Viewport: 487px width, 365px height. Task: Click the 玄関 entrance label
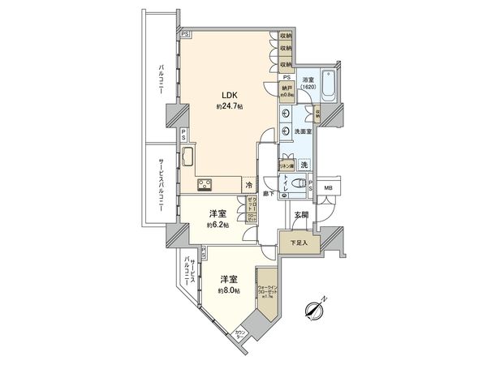point(301,214)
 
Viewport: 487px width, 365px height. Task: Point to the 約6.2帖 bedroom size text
point(218,225)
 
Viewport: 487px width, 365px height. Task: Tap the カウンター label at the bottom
point(240,334)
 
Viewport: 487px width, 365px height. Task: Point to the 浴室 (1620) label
point(308,84)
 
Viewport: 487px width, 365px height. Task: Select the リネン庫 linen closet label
point(286,164)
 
